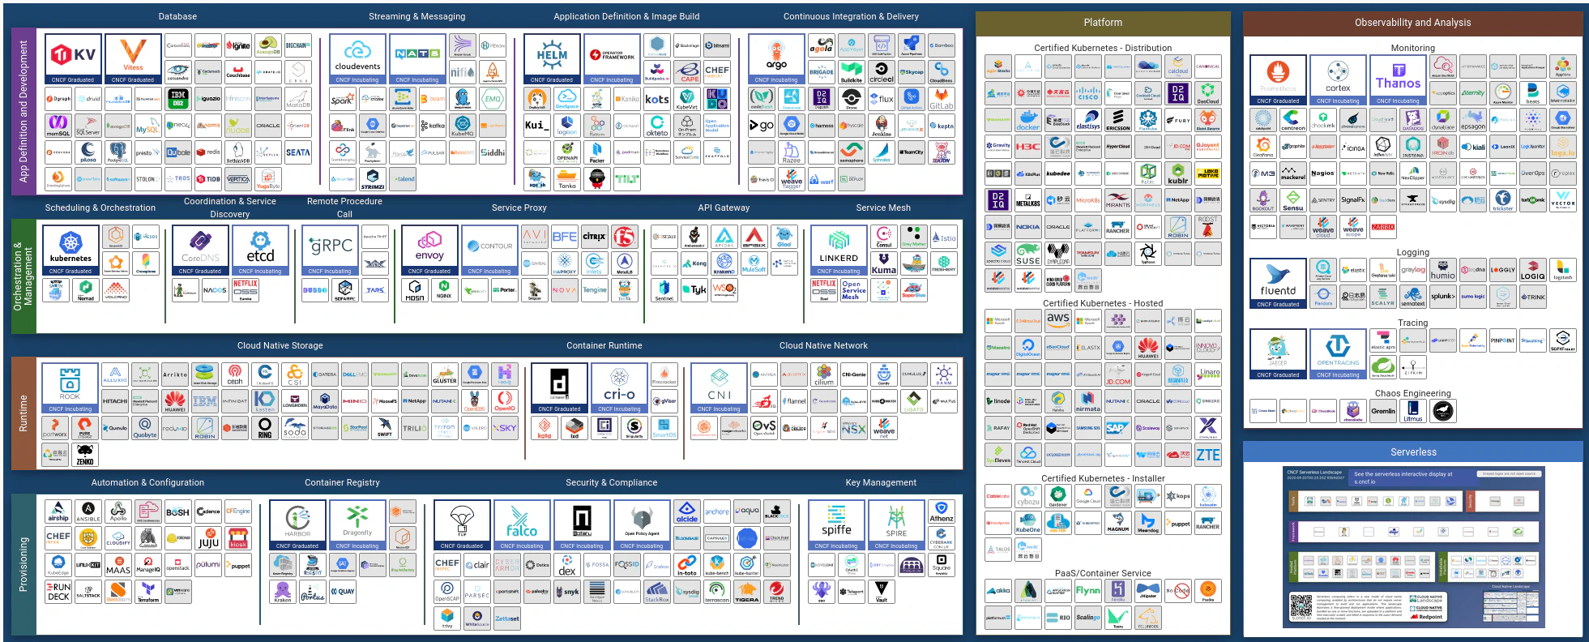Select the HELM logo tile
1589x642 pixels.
tap(552, 57)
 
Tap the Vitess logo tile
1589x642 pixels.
tap(133, 57)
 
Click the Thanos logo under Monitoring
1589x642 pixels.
tap(1398, 79)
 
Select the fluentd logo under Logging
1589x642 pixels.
tap(1278, 281)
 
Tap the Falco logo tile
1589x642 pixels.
tap(522, 523)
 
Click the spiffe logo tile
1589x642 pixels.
tap(836, 523)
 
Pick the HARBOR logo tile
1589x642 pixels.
tap(297, 523)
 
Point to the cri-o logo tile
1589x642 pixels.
tap(619, 387)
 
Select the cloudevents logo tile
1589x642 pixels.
tap(357, 57)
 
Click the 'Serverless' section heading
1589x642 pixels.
tap(1413, 452)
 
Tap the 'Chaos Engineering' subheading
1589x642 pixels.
tap(1412, 393)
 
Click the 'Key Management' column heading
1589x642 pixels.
tap(881, 482)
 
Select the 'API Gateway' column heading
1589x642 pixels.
tap(724, 208)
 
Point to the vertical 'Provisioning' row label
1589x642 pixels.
tap(23, 563)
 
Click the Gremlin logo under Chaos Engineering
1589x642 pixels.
tap(1383, 411)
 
